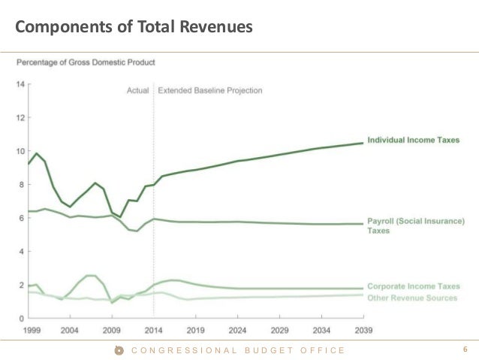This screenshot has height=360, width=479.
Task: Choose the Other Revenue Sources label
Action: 411,298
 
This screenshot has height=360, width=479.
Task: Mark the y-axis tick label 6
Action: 20,218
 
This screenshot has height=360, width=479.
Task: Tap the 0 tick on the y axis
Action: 20,319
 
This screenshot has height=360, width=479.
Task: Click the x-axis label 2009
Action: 112,329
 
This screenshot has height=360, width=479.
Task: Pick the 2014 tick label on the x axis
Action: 155,329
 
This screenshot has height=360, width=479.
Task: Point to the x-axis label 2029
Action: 279,329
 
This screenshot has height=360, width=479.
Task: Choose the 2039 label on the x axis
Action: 363,329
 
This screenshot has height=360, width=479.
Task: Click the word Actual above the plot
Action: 137,90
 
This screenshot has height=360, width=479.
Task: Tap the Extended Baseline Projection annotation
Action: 209,90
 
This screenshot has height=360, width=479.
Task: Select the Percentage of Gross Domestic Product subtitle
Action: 86,62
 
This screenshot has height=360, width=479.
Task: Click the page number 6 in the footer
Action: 465,349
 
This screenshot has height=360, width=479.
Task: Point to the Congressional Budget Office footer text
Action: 238,350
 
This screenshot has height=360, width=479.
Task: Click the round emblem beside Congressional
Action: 118,350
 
